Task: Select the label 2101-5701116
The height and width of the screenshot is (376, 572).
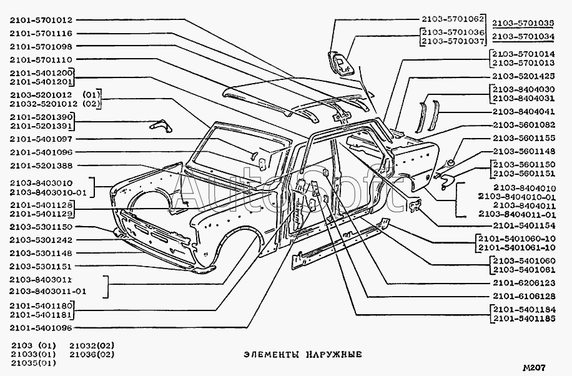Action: click(41, 34)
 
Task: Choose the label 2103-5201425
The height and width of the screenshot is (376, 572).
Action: click(522, 76)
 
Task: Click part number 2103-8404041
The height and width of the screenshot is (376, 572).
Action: click(522, 111)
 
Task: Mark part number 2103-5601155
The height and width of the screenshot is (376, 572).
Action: click(522, 138)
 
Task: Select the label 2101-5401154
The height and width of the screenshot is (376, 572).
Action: click(522, 225)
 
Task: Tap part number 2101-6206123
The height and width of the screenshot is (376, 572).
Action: click(522, 283)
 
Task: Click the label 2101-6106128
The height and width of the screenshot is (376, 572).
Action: click(522, 295)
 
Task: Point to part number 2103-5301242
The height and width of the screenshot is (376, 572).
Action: click(41, 240)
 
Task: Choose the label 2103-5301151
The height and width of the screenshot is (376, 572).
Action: click(41, 267)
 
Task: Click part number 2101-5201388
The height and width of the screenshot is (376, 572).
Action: click(41, 166)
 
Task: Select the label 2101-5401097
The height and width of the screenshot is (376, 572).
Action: click(41, 139)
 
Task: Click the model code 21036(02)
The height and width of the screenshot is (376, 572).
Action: click(92, 354)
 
